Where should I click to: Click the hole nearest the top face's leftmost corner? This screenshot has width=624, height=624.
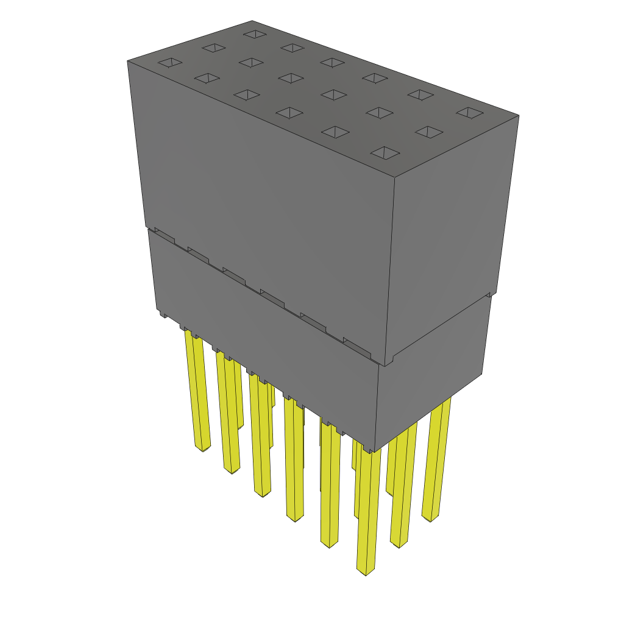[x=170, y=62]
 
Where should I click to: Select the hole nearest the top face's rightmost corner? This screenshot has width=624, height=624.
[x=469, y=112]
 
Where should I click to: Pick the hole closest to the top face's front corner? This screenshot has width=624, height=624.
[x=385, y=152]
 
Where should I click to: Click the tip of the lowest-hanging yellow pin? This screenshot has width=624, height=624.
[x=366, y=573]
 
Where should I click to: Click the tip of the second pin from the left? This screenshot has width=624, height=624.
[x=232, y=470]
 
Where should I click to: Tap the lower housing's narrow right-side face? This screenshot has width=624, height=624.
[x=433, y=372]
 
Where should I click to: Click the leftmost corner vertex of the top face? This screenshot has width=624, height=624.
[x=127, y=61]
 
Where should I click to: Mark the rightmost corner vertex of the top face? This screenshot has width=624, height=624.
[x=519, y=115]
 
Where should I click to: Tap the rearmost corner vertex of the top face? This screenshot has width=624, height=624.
[x=252, y=21]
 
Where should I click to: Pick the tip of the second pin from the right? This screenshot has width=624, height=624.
[x=399, y=544]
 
